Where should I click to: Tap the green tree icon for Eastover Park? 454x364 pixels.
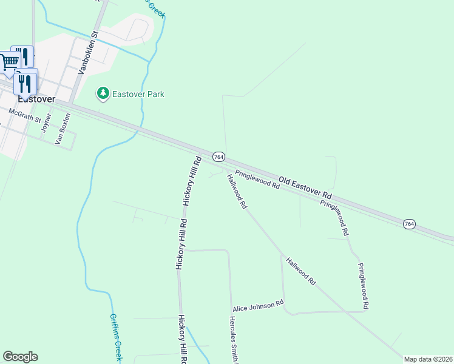(x=103, y=93)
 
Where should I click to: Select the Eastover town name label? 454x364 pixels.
(x=36, y=98)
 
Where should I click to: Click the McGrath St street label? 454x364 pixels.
(x=24, y=116)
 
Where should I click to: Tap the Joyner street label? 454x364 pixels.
(x=46, y=123)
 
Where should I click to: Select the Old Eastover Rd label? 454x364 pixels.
(x=306, y=187)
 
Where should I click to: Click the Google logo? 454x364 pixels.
(x=20, y=357)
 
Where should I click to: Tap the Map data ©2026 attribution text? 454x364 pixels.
(x=429, y=359)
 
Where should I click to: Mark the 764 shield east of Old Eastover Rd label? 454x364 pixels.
(x=410, y=224)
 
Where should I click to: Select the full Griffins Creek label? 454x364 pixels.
(x=116, y=336)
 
